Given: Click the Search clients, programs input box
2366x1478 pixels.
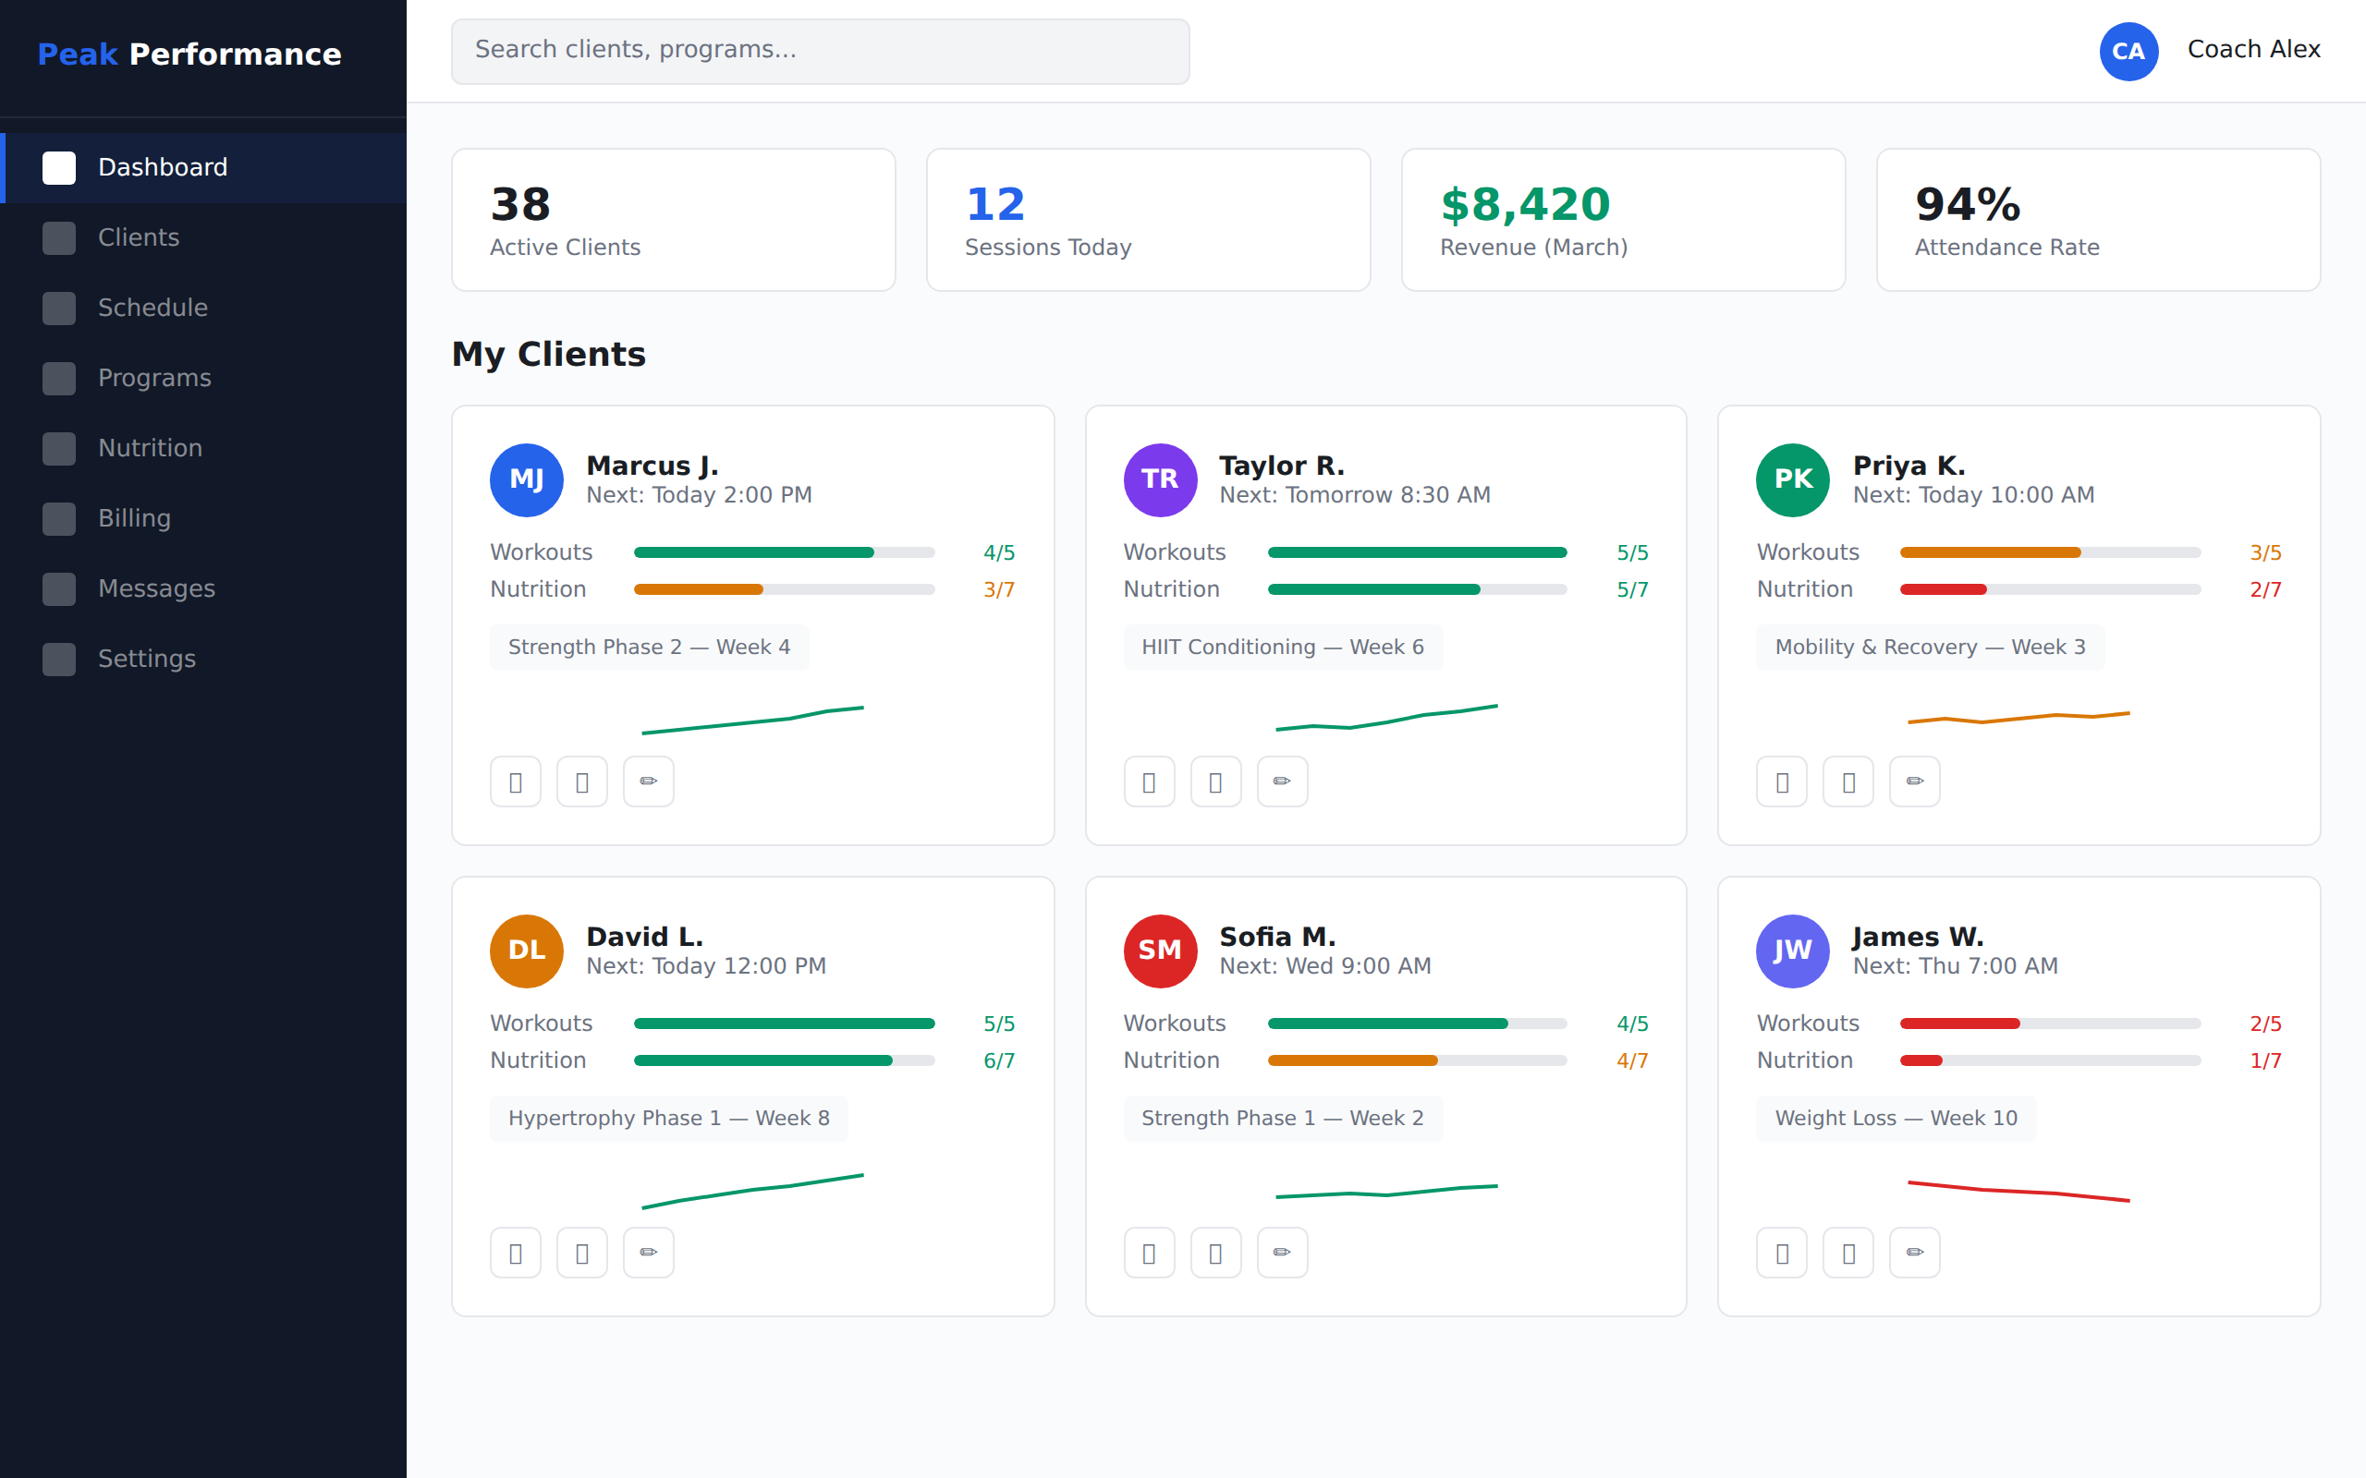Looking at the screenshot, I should click(819, 51).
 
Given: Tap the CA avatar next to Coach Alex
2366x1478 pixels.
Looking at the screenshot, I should click(2128, 51).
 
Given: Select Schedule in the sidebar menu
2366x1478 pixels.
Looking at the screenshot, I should click(152, 308).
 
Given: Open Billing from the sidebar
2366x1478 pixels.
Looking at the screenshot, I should click(134, 519).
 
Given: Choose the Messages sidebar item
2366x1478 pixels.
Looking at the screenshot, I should click(156, 589).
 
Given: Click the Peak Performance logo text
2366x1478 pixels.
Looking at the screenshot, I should click(189, 55).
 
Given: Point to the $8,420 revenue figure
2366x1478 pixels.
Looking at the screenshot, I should click(1524, 204).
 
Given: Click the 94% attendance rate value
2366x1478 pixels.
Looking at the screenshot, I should click(1967, 204).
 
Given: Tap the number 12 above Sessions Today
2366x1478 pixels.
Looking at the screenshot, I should click(994, 204).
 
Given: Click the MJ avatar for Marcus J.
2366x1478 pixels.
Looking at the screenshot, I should click(527, 480).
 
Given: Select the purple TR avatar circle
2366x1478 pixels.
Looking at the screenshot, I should click(1160, 480).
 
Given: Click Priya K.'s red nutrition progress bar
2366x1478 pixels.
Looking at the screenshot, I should click(1943, 590).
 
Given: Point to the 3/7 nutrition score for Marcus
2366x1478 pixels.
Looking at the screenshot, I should click(998, 590).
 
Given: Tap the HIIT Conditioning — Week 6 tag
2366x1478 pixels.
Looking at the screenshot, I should click(1282, 648).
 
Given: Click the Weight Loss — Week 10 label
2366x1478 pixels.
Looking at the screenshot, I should click(1896, 1119).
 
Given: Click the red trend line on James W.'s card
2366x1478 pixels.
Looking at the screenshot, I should click(2018, 1192).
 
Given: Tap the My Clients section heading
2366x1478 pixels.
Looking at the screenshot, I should click(548, 354).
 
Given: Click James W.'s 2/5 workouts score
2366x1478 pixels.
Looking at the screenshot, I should click(2264, 1024).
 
